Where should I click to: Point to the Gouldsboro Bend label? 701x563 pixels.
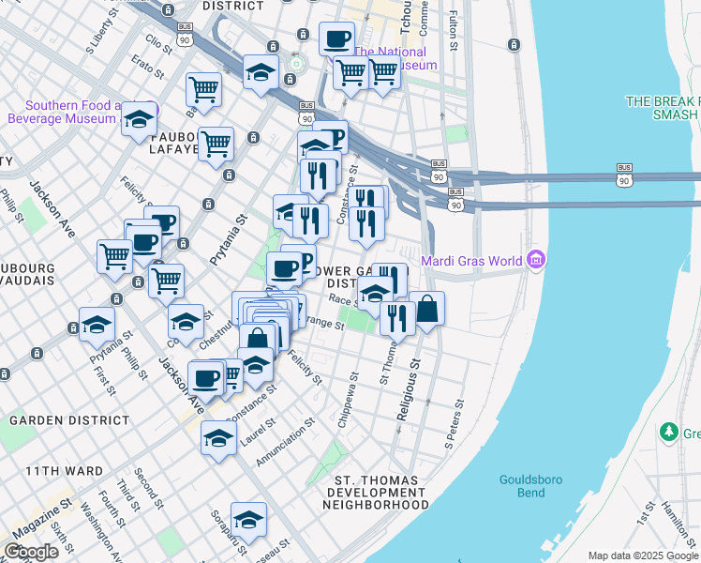pyautogui.click(x=530, y=485)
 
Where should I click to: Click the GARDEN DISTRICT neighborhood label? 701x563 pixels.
pyautogui.click(x=69, y=420)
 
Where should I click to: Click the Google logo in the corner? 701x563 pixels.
pyautogui.click(x=32, y=552)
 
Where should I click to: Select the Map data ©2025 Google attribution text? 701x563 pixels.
pyautogui.click(x=642, y=555)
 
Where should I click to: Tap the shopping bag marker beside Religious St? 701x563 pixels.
pyautogui.click(x=426, y=310)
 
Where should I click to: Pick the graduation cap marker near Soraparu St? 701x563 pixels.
pyautogui.click(x=248, y=520)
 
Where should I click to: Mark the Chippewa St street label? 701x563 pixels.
pyautogui.click(x=347, y=404)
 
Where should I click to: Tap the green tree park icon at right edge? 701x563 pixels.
pyautogui.click(x=669, y=432)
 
